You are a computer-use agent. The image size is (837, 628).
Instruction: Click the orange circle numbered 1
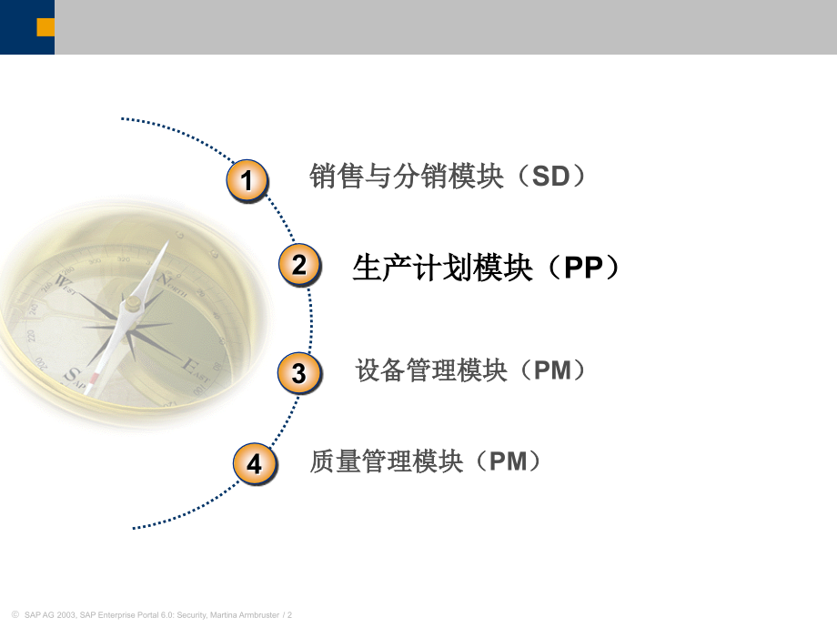[x=247, y=178]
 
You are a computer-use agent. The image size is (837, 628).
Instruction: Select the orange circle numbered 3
[x=298, y=372]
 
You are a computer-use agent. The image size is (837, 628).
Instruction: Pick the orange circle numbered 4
[x=254, y=463]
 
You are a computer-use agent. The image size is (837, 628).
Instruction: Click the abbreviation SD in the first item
[x=550, y=177]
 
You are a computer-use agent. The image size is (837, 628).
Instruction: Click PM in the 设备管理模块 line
[x=552, y=370]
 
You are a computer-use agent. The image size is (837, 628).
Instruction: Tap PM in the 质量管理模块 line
[x=508, y=461]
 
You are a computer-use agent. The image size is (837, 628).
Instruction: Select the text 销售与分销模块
[x=407, y=177]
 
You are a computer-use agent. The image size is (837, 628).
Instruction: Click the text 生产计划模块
[x=442, y=268]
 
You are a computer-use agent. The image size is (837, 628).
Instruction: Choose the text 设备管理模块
[x=431, y=370]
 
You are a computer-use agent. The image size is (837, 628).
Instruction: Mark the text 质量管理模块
[x=387, y=461]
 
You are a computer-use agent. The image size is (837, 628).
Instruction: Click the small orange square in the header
[x=45, y=27]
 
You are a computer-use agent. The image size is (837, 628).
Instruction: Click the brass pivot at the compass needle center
[x=133, y=304]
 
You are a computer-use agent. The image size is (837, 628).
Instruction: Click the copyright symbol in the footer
[x=13, y=615]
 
